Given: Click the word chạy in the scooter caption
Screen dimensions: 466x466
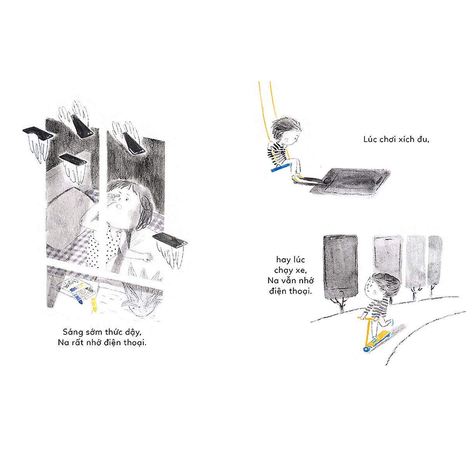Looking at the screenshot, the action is tap(283, 271).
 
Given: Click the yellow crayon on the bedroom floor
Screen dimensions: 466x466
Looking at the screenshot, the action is tap(94, 304).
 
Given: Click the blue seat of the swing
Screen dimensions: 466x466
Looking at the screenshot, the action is tap(280, 168).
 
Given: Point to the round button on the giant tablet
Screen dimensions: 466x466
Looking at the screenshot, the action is tap(327, 181).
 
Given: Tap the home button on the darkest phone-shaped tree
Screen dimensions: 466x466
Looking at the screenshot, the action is tap(341, 294).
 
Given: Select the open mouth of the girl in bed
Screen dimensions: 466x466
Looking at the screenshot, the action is tap(119, 206).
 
